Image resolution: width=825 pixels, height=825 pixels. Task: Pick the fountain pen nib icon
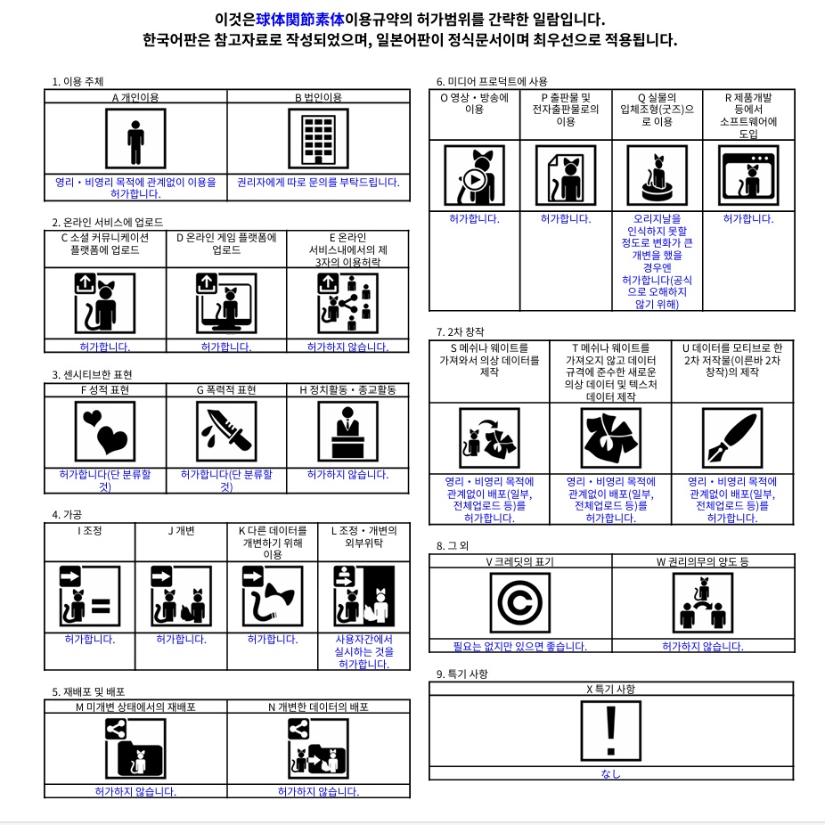point(731,437)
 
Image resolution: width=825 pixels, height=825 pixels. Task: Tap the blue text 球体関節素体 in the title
point(293,19)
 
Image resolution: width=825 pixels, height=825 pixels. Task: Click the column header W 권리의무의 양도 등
point(702,561)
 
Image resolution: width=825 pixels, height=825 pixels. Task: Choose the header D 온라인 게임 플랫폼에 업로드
point(225,243)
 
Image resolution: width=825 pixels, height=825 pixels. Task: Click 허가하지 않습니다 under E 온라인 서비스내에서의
point(347,347)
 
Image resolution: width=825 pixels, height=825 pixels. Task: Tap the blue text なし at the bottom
point(610,773)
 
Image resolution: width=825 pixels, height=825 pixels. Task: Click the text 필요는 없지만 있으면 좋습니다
point(520,646)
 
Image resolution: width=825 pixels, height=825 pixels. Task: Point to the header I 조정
point(89,531)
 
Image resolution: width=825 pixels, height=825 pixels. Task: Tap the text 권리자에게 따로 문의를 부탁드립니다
point(318,182)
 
